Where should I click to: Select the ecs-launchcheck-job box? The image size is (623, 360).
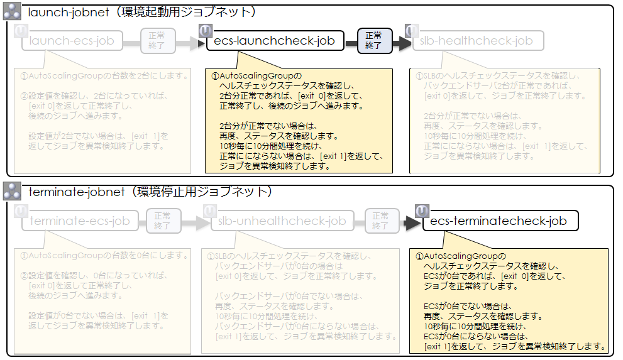pos(275,41)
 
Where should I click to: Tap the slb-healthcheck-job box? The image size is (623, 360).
pos(477,41)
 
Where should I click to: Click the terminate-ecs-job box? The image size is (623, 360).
pos(80,221)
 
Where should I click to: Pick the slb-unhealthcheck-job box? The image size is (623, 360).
pos(282,221)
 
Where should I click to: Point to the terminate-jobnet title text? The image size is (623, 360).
pos(150,191)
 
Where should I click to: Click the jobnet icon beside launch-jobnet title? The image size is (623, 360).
pos(13,13)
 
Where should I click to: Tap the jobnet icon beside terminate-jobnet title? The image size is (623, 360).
pos(13,192)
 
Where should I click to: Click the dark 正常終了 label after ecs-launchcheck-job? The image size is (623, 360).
pos(373,41)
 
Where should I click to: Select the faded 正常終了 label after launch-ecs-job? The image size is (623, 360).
pos(153,41)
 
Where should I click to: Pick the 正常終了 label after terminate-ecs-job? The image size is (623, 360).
pos(163,221)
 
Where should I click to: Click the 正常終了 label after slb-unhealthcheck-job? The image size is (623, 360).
pos(380,221)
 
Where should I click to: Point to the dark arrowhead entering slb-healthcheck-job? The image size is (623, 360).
pos(404,43)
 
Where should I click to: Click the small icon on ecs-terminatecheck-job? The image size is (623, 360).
pos(422,210)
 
